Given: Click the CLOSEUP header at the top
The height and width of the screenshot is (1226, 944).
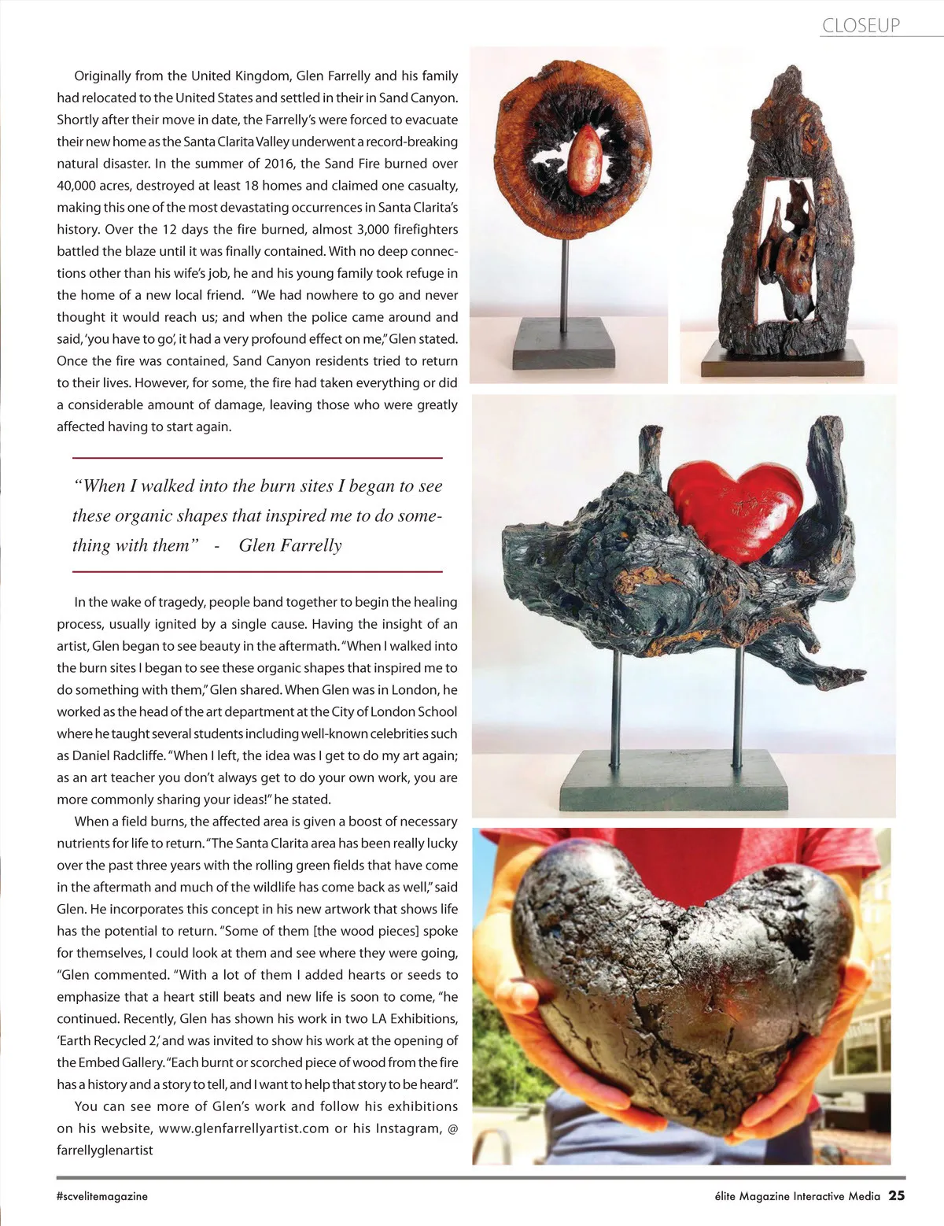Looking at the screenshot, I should click(x=861, y=25).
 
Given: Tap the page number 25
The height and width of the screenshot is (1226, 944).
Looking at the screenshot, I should click(x=896, y=1195).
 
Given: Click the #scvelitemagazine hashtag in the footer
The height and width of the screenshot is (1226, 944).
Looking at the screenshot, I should click(x=102, y=1196).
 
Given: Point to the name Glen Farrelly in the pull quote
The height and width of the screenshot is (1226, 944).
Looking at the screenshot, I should click(x=290, y=545).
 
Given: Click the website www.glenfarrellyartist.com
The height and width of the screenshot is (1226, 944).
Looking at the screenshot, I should click(x=244, y=1128).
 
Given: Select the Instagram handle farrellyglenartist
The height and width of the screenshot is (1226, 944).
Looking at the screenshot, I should click(x=105, y=1150).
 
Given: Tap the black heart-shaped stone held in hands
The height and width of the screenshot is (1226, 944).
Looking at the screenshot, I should click(x=684, y=984).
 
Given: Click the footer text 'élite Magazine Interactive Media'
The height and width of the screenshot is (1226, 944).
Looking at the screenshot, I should click(x=791, y=1196).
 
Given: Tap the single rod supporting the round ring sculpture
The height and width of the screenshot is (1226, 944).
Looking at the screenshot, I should click(x=564, y=275).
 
